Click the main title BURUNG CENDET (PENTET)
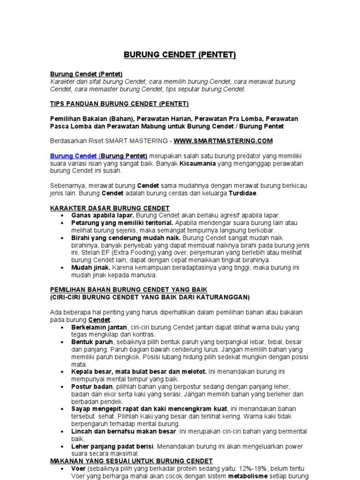180,55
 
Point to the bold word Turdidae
243,193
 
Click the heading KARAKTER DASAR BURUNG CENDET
110,208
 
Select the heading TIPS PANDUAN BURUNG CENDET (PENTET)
119,103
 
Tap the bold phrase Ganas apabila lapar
96,215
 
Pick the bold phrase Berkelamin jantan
99,327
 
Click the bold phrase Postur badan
92,387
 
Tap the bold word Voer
78,468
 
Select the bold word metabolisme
247,476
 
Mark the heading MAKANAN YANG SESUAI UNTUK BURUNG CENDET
131,461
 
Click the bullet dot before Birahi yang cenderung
62,238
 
